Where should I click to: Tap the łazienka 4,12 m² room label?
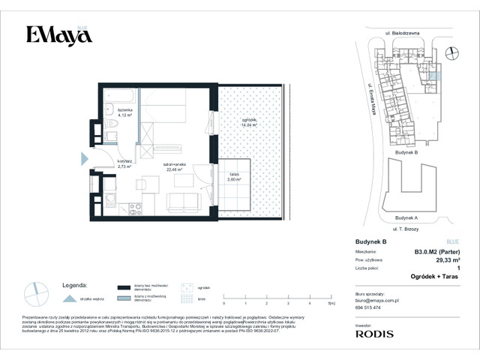tap(124, 113)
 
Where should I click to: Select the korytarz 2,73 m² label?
tap(124, 164)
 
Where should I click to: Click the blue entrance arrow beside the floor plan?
tap(84, 158)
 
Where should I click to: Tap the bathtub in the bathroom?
tap(119, 97)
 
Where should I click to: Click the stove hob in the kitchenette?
tap(135, 209)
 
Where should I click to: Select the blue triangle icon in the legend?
tap(70, 298)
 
